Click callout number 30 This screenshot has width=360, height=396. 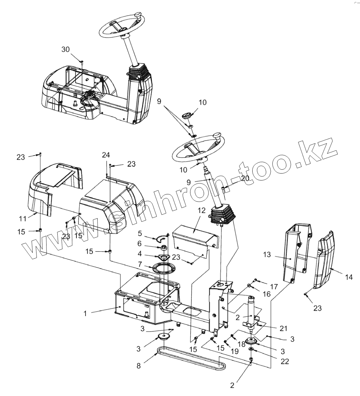point(65,50)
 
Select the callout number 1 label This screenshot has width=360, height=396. point(85,313)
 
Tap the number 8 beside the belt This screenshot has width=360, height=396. point(139,366)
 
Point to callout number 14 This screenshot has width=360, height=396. point(349,277)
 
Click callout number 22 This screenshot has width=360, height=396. point(285,361)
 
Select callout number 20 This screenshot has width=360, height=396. point(245,178)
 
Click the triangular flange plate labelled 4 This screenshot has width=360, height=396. point(161,257)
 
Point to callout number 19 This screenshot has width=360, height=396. point(235,351)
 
